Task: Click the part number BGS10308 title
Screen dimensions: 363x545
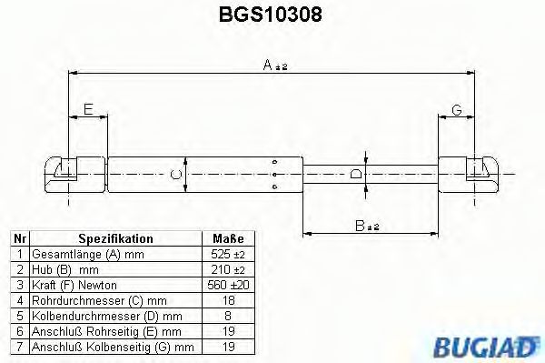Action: point(272,15)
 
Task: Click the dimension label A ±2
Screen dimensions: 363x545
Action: point(272,65)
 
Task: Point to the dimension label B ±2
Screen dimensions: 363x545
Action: point(366,226)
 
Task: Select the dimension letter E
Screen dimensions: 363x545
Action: point(87,110)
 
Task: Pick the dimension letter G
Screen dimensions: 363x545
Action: point(457,110)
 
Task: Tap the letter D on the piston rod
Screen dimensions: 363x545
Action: point(357,172)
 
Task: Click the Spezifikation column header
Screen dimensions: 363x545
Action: point(115,239)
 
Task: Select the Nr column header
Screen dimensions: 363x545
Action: point(19,239)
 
